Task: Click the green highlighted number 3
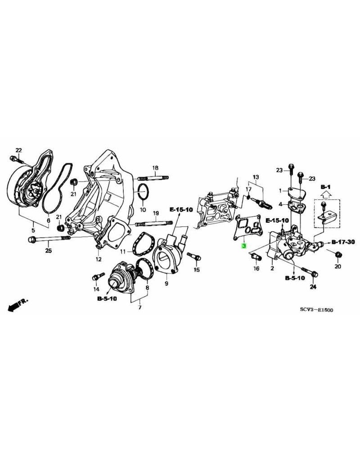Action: point(244,246)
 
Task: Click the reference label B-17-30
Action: point(343,242)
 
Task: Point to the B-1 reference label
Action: point(325,186)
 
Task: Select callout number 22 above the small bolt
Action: point(18,150)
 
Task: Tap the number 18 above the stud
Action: point(155,168)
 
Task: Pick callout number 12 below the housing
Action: point(98,259)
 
